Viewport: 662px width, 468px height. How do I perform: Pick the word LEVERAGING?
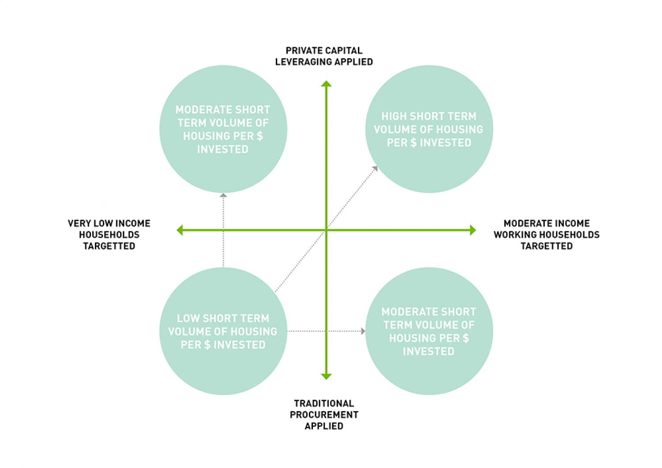coord(298,62)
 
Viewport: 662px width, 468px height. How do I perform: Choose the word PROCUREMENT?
coord(324,415)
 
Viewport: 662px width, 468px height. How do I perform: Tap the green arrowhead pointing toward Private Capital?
coord(326,84)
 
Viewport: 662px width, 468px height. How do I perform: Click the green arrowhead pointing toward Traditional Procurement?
coord(326,376)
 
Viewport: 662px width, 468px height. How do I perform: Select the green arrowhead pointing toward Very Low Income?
coord(180,230)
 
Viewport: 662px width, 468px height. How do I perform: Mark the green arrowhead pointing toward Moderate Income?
coord(473,230)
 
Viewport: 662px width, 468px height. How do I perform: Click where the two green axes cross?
coord(326,230)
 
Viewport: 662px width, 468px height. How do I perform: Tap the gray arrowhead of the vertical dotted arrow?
coord(223,195)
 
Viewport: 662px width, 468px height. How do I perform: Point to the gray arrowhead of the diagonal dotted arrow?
coord(376,168)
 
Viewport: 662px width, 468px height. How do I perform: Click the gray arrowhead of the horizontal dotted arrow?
coord(363,331)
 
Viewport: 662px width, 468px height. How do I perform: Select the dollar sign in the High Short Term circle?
coord(414,143)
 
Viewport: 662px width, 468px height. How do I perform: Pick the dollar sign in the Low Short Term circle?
coord(207,345)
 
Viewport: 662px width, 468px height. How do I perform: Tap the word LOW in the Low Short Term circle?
coord(186,318)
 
